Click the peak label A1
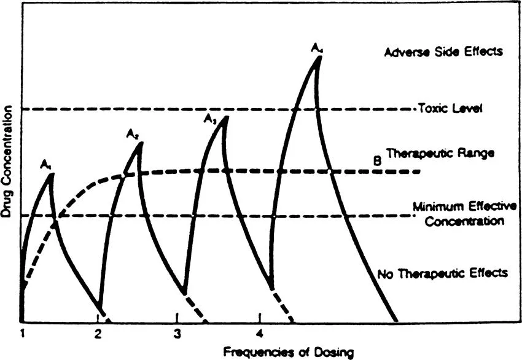click(x=45, y=164)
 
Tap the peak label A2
click(x=133, y=133)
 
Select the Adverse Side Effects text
click(x=443, y=52)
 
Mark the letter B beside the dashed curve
click(x=378, y=161)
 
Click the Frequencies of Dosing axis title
click(x=288, y=352)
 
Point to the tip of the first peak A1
click(x=52, y=174)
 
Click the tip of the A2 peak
click(x=141, y=143)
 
